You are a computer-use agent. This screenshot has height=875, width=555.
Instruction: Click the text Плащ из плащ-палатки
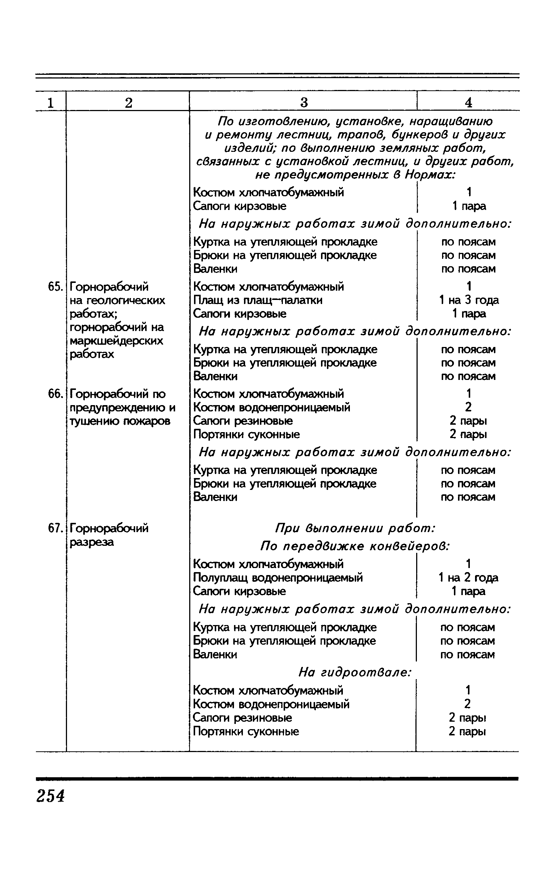click(x=258, y=300)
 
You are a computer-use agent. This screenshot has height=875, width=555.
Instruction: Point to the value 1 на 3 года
click(x=469, y=300)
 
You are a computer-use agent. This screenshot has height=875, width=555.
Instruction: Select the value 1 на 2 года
click(x=468, y=578)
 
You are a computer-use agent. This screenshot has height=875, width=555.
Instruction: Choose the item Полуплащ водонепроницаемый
click(x=278, y=578)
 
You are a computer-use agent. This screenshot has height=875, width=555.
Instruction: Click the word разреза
click(x=92, y=542)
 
